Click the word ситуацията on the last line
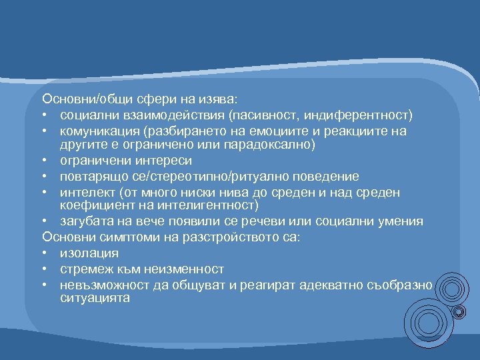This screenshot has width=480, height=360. coord(94,299)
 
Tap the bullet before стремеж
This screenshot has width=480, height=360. coord(45,269)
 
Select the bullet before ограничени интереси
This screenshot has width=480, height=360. coord(45,161)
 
